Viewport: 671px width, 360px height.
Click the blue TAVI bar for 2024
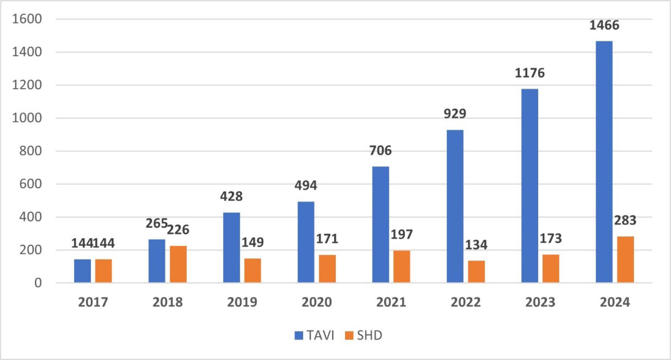[604, 162]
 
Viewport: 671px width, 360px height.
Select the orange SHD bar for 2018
[178, 264]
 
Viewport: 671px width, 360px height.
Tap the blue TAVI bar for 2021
[380, 224]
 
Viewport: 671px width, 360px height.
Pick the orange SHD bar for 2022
[476, 272]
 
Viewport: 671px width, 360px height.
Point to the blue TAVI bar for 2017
[82, 271]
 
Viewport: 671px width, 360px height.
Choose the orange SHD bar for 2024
[625, 259]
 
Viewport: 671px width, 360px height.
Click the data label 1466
[604, 25]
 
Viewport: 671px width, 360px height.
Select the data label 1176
[529, 73]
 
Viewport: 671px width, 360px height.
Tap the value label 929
[455, 114]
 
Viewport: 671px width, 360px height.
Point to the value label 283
[625, 220]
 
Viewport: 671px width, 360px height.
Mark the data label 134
[476, 245]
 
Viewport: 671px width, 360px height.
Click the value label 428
[231, 196]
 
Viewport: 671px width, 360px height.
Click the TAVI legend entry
[315, 335]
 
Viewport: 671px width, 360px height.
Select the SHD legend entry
[364, 335]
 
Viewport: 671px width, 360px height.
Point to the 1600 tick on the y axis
[27, 19]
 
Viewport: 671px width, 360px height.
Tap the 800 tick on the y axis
[30, 151]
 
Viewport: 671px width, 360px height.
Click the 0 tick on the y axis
[38, 283]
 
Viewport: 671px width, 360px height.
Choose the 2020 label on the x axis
[316, 302]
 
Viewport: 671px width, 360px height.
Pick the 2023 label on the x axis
[540, 302]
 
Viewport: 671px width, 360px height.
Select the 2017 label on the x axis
[93, 302]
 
